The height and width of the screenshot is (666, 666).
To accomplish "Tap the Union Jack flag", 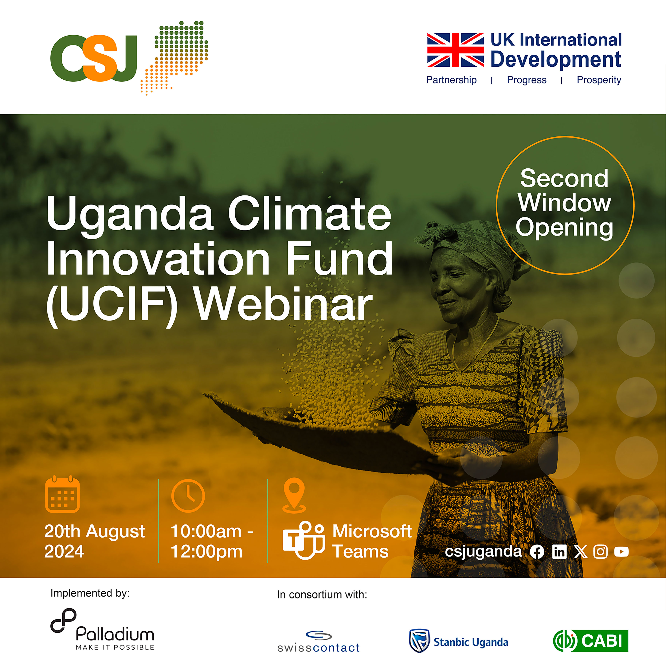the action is (455, 50).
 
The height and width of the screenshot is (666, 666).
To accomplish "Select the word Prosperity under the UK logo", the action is (599, 80).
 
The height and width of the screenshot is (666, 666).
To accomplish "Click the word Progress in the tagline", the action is (526, 80).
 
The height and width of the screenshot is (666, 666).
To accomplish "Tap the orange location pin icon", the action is (294, 495).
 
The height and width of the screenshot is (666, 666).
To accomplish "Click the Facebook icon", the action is (537, 552).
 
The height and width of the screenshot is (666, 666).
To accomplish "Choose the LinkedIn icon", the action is (559, 552).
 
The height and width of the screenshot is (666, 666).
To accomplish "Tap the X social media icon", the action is (581, 552).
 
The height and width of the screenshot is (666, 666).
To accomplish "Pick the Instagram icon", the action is (601, 552).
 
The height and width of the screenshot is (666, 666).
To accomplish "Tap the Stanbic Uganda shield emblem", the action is (419, 641).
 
